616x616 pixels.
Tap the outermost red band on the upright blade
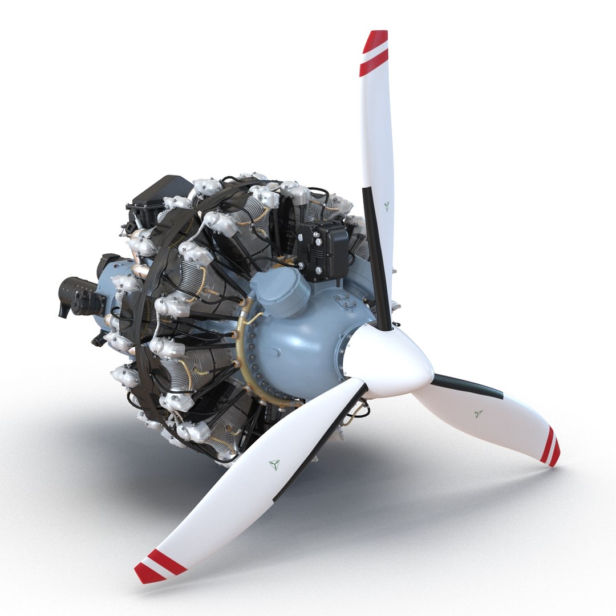point(376,40)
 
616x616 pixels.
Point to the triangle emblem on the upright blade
point(387,206)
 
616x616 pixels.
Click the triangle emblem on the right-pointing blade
point(478,414)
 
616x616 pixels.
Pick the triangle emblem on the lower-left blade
point(274,465)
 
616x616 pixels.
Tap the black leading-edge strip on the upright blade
point(376,257)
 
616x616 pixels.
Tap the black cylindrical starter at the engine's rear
point(80,296)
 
